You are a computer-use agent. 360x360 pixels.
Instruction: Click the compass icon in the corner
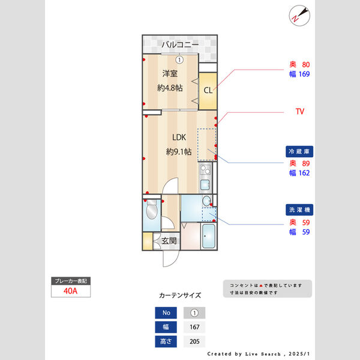point(298,14)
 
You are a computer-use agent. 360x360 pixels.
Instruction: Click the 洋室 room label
point(170,74)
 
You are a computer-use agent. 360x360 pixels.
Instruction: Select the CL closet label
point(208,91)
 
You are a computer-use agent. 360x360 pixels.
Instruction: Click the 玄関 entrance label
point(169,241)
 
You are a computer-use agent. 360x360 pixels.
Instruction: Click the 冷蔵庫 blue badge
point(299,152)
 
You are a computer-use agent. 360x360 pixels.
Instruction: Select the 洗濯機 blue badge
point(299,211)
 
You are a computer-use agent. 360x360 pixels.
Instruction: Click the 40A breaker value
point(71,291)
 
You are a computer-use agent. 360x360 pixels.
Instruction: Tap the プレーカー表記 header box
point(71,281)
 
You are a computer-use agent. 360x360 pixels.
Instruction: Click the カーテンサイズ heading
point(180,296)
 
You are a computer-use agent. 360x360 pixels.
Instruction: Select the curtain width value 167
point(194,328)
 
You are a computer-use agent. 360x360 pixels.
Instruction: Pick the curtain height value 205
point(194,342)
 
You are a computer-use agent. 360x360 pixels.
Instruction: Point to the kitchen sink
point(205,184)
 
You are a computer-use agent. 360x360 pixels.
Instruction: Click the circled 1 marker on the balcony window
point(179,59)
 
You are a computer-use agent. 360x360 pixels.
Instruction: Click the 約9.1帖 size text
point(178,152)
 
